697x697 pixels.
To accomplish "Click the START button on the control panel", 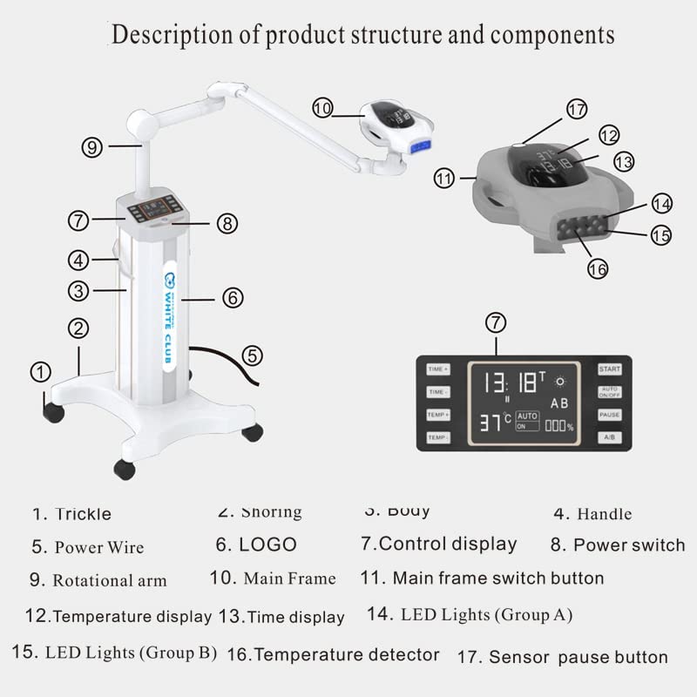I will [609, 369].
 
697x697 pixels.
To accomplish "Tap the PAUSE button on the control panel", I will [609, 415].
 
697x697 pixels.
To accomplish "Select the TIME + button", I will [438, 369].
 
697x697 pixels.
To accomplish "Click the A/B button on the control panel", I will [609, 436].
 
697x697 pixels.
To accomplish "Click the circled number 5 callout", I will [252, 355].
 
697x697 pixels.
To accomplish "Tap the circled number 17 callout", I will [577, 110].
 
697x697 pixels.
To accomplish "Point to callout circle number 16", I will [597, 269].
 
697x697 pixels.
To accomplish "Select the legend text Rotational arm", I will [109, 580].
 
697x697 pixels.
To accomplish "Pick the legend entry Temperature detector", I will [346, 653].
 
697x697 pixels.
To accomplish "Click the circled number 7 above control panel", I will [495, 323].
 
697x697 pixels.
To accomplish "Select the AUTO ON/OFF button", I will [609, 392].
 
